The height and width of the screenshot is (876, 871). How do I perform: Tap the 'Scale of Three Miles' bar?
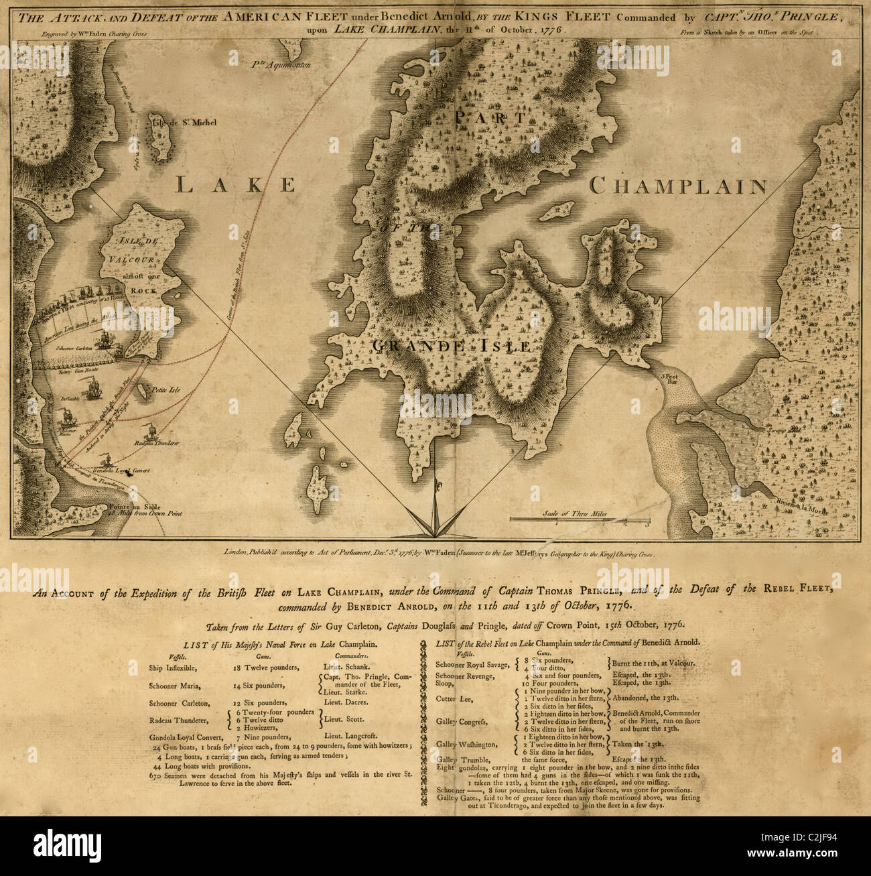pos(579,519)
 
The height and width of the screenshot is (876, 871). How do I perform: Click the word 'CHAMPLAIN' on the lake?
pos(678,186)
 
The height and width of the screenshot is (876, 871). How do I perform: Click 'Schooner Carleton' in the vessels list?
pos(180,703)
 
